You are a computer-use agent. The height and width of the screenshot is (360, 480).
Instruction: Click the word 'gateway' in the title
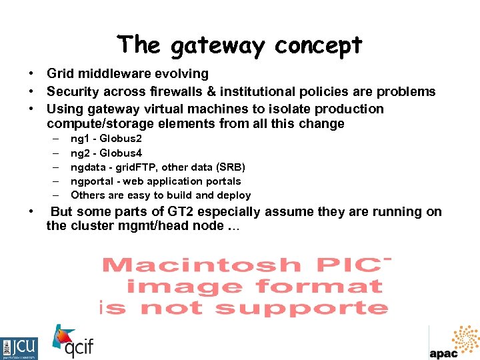[218, 46]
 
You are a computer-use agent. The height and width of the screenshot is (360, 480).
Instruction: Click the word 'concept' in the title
[318, 46]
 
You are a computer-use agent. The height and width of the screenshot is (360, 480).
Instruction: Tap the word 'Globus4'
[121, 153]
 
